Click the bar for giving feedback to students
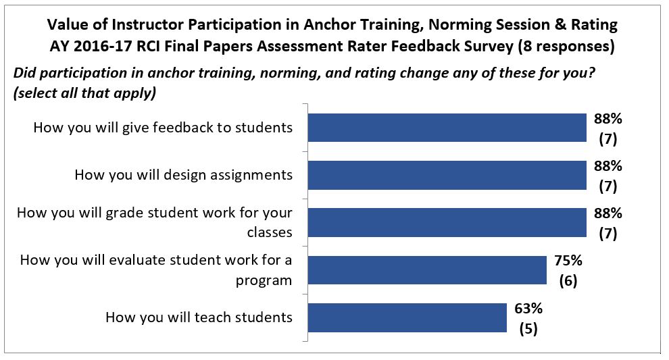tap(447, 127)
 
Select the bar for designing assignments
tap(447, 175)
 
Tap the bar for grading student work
tap(447, 222)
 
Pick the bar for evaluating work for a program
tap(427, 270)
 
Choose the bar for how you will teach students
tap(407, 317)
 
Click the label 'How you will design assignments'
tap(183, 175)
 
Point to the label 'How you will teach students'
tap(199, 317)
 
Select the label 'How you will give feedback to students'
tap(163, 127)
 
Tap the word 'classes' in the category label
tap(269, 232)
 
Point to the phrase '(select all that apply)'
tap(85, 93)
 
